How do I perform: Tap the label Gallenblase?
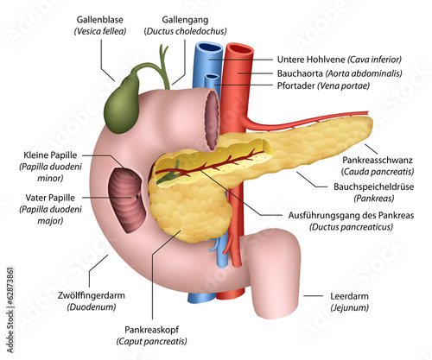tap(99, 20)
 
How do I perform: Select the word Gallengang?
tap(185, 20)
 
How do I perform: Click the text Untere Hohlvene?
tap(311, 60)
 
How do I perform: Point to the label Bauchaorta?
tap(300, 73)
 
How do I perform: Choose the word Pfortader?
tap(295, 85)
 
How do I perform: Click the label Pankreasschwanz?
tap(378, 160)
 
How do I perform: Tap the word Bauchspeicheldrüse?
tap(373, 186)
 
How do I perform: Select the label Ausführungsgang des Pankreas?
tap(351, 215)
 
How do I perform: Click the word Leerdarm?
tap(349, 296)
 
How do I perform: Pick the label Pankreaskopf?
tap(151, 330)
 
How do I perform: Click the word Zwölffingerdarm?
tap(92, 295)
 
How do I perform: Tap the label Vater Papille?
tap(50, 198)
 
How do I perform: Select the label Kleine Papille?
tap(50, 155)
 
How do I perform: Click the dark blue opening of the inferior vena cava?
tap(209, 47)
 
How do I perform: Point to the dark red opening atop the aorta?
tap(241, 48)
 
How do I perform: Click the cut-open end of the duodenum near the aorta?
tap(212, 120)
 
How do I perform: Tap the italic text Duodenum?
tap(92, 307)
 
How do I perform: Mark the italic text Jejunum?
tap(349, 308)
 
